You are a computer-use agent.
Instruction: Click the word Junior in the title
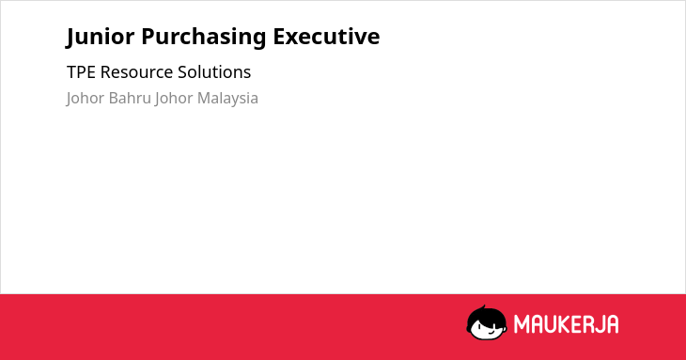101,37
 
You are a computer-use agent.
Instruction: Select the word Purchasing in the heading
203,38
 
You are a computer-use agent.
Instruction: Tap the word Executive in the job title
326,37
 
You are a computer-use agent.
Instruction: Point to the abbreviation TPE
81,72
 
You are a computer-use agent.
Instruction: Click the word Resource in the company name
136,72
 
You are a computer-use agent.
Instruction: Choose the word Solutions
214,72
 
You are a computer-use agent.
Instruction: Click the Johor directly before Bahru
85,99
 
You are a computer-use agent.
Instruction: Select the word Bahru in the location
130,98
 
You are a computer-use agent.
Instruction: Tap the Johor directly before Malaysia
174,99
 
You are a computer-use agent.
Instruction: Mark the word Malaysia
227,99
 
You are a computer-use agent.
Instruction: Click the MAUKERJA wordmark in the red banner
566,324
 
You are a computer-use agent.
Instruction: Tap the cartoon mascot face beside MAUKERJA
487,323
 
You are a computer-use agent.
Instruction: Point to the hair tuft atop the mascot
483,307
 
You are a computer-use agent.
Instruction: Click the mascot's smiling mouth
491,332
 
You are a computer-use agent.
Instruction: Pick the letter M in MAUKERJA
521,324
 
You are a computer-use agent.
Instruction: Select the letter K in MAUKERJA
563,324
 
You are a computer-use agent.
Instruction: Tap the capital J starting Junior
70,38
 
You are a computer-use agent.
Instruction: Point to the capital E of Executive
279,37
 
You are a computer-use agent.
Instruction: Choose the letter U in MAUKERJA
549,324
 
